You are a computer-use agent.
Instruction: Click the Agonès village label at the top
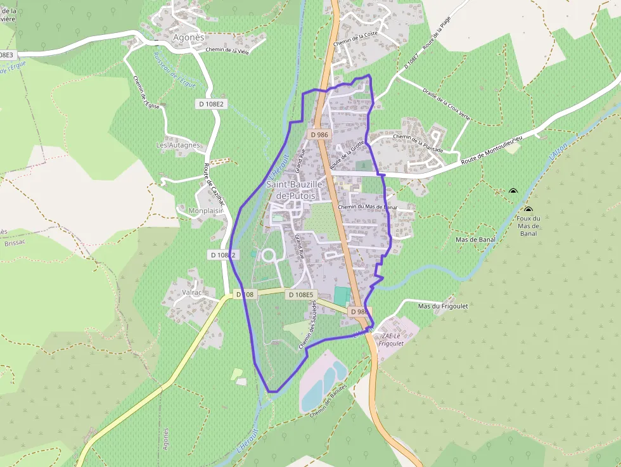pos(189,37)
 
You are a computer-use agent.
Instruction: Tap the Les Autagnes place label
pos(178,145)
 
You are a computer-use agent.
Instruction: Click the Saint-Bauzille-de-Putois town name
pos(295,189)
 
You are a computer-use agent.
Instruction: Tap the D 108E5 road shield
pos(300,295)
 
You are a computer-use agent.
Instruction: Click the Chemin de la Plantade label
pos(417,136)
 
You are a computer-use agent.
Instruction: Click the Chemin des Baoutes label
pos(328,400)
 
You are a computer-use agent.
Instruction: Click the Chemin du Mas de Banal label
pos(367,207)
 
